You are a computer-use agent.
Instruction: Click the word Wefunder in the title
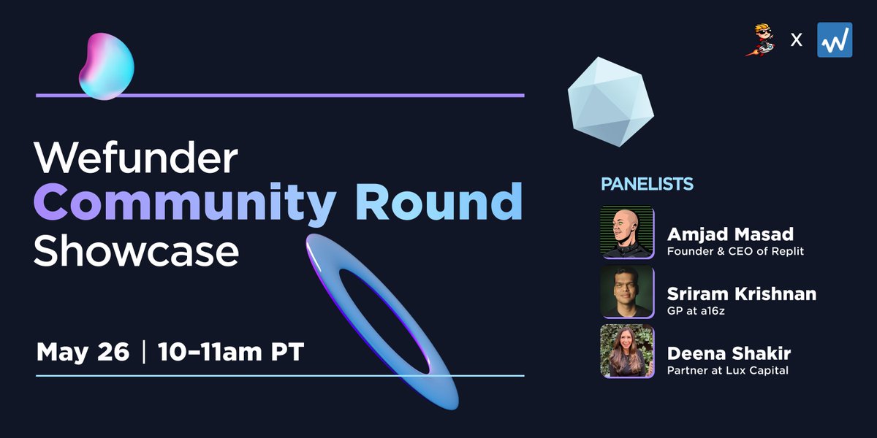coord(136,157)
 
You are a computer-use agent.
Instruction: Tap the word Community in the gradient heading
coord(184,204)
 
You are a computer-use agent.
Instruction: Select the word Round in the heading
coord(439,201)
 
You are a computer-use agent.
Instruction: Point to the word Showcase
coord(136,250)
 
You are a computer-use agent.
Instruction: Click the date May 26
coord(83,352)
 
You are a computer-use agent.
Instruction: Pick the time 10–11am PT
coord(231,352)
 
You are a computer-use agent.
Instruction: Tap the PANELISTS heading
coord(647,184)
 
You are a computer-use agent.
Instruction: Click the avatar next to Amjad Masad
coord(627,232)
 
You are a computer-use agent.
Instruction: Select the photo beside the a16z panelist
coord(627,292)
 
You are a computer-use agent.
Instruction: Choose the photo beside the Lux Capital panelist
coord(627,351)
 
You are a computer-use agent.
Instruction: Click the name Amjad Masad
coord(730,234)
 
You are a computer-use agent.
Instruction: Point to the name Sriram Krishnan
coord(742,293)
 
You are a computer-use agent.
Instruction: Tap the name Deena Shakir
coord(729,353)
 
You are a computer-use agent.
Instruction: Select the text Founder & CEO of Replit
coord(735,251)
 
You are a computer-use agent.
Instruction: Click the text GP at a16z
coord(696,311)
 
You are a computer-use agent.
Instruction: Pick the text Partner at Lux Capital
coord(727,370)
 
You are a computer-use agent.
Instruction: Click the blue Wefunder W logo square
coord(835,40)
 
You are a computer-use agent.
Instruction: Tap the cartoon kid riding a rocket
coord(760,40)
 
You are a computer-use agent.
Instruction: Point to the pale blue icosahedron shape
coord(610,101)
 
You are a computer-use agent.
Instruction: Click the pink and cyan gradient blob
coord(107,66)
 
